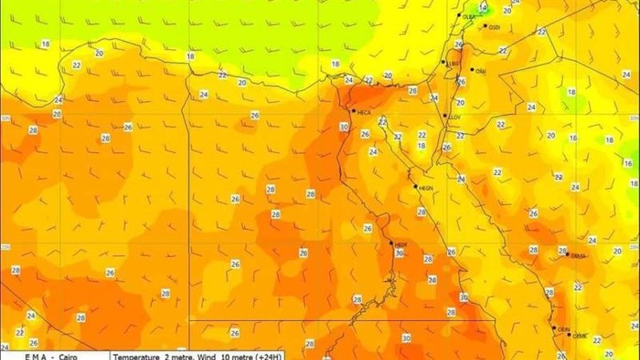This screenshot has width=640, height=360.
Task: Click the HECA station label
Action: tap(364, 111)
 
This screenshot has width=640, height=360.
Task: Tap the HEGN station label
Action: tap(425, 188)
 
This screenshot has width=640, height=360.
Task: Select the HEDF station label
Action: tap(402, 244)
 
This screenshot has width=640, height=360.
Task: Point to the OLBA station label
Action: tap(469, 16)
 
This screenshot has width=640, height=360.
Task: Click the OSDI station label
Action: tap(494, 27)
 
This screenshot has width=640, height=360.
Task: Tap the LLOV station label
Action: tap(456, 117)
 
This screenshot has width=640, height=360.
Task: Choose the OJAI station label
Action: tap(481, 70)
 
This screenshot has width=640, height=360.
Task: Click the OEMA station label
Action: tap(579, 256)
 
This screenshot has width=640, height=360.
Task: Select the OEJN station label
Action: tap(564, 329)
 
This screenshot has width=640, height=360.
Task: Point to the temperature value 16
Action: tap(627, 162)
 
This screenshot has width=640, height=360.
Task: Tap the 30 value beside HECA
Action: tap(344, 126)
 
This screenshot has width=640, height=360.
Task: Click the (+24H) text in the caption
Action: tap(281, 354)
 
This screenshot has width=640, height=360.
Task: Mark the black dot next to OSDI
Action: tap(482, 26)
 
